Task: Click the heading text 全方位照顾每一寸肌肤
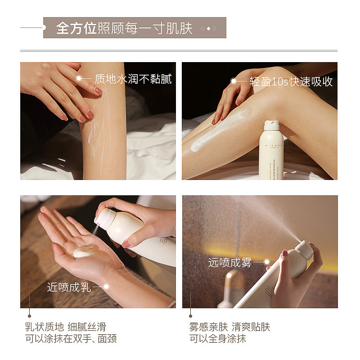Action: (124, 28)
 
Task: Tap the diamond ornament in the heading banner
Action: (208, 28)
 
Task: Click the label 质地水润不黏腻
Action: (133, 79)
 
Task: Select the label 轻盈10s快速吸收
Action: (291, 81)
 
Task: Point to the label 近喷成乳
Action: (69, 287)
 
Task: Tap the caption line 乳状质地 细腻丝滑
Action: (65, 327)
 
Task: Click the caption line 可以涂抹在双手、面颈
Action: (71, 339)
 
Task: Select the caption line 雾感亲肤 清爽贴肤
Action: (229, 327)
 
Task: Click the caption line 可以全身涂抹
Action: (217, 339)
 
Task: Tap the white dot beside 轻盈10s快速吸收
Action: (233, 81)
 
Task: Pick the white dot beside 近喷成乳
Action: (107, 286)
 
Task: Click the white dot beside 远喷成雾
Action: (266, 262)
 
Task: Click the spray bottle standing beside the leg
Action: (271, 151)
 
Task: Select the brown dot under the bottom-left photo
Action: (30, 315)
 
